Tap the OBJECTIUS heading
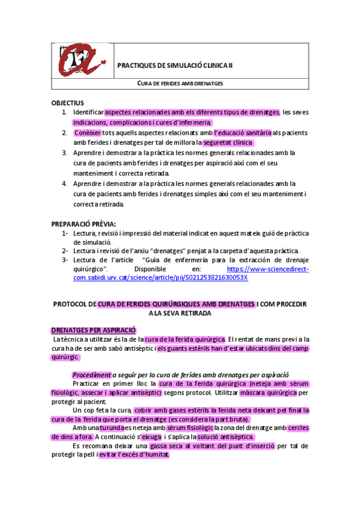tap(68, 103)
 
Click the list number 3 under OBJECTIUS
tap(64, 153)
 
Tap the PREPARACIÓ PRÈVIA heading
tap(84, 224)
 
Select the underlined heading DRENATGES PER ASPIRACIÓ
tap(94, 330)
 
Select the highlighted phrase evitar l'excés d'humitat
tap(133, 455)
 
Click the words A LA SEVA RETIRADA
tap(180, 313)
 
